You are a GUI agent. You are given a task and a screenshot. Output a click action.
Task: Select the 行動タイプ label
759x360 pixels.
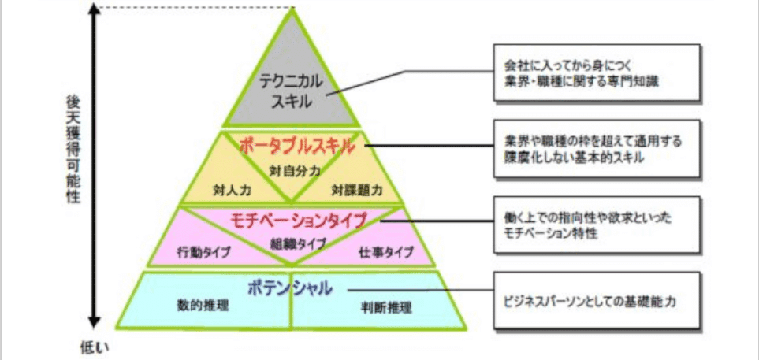coord(203,252)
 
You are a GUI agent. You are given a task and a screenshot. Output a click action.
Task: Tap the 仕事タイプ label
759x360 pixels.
coord(386,252)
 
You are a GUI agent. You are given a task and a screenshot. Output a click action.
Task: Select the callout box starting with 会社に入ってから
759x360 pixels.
coord(597,73)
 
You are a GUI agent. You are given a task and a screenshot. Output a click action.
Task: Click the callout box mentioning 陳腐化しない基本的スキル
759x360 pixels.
coord(597,149)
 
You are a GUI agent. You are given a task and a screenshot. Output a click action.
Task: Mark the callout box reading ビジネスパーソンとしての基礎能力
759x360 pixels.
coord(597,300)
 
